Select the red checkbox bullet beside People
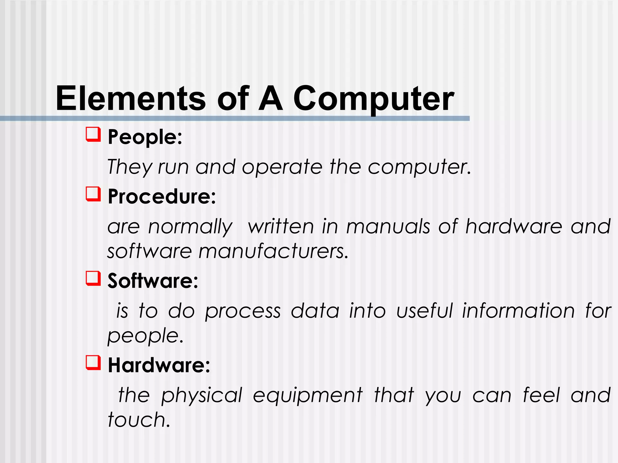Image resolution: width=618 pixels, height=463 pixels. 93,134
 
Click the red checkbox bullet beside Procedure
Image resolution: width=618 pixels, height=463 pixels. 93,194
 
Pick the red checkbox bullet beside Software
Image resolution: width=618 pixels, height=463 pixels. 93,278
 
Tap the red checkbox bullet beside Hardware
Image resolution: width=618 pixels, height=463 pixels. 93,362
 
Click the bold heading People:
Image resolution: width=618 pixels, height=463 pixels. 145,137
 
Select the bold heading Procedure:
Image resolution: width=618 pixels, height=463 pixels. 162,197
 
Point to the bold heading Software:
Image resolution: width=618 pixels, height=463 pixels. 153,281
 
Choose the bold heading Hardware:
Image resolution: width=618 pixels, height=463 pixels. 159,365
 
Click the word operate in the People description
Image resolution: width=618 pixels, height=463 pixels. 282,167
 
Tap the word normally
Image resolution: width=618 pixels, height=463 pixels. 190,227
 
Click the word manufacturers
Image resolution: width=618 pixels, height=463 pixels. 273,251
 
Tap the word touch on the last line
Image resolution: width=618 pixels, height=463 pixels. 139,420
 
